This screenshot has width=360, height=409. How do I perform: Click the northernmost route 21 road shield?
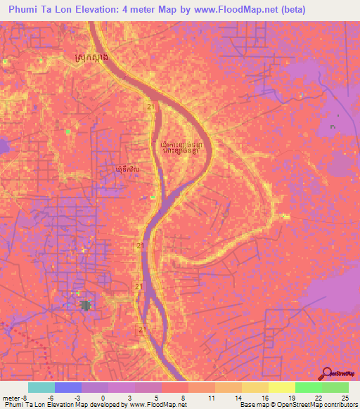tap(150, 106)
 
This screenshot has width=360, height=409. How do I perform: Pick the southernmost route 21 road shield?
tap(143, 329)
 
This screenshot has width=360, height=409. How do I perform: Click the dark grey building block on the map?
tap(86, 306)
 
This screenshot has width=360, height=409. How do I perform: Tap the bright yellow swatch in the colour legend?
tap(281, 388)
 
